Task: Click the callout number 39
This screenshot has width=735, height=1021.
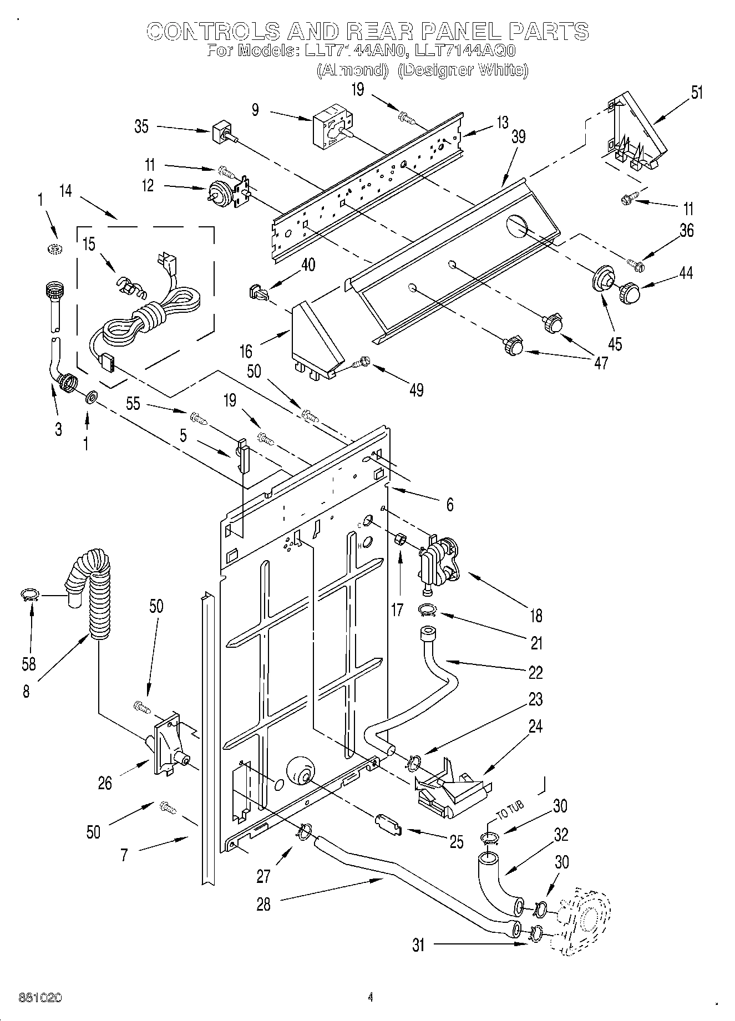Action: [x=518, y=136]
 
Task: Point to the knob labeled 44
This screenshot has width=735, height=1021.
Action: [x=629, y=292]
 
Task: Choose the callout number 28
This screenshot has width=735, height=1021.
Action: [x=263, y=904]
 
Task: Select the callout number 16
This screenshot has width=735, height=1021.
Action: [x=246, y=351]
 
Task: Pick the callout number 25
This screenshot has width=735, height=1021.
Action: [x=456, y=842]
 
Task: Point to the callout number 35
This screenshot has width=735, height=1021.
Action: [x=141, y=126]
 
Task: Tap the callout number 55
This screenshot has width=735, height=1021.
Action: [x=133, y=404]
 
